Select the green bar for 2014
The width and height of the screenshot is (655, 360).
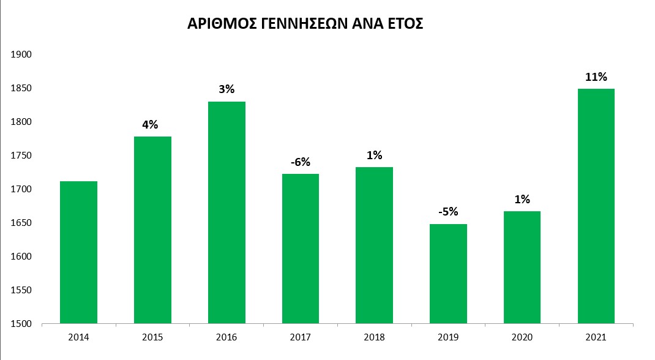coord(78,252)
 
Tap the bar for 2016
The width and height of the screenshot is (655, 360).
coord(226,212)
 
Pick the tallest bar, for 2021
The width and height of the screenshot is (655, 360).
coord(596,206)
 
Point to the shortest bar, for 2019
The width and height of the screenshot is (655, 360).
coord(448,274)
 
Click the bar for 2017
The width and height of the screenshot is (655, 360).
coord(301,249)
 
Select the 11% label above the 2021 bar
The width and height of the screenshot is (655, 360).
coord(596,77)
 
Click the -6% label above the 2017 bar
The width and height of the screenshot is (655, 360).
coord(301,162)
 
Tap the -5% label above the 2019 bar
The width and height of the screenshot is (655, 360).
coord(448,212)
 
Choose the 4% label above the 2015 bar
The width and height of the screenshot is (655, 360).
coord(151,125)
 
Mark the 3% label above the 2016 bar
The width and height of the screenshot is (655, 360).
coord(226,89)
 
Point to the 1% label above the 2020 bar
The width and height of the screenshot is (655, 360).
coord(522,200)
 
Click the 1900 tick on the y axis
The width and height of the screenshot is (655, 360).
coord(21,54)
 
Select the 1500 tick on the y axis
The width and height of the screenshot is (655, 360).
coord(21,324)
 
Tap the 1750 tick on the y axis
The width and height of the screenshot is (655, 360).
coord(21,156)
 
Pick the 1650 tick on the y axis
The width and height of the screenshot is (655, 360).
coord(21,223)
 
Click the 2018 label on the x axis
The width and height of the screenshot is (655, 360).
coord(374,337)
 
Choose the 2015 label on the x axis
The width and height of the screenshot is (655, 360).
coord(152,337)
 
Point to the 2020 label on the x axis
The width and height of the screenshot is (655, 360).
coord(522,337)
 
